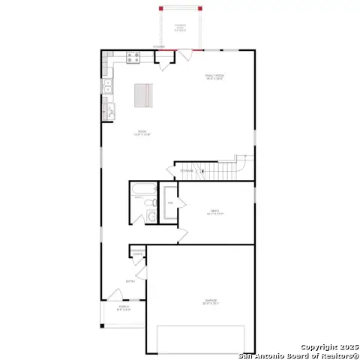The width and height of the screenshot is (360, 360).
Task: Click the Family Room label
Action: coord(215,76)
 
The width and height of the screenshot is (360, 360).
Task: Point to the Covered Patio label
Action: coord(181,28)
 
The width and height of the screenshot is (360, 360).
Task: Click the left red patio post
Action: coord(160,8)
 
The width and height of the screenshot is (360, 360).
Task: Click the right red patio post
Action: coord(201,8)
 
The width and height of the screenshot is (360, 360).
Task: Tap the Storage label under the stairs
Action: coord(186,171)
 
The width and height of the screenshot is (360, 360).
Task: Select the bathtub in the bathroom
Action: coord(140,201)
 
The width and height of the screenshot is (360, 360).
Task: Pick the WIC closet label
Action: coord(170,203)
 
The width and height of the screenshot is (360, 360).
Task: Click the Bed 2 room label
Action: coord(214,213)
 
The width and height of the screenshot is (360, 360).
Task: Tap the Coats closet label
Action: coord(138,254)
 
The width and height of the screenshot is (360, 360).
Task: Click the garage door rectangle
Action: coord(200,340)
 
